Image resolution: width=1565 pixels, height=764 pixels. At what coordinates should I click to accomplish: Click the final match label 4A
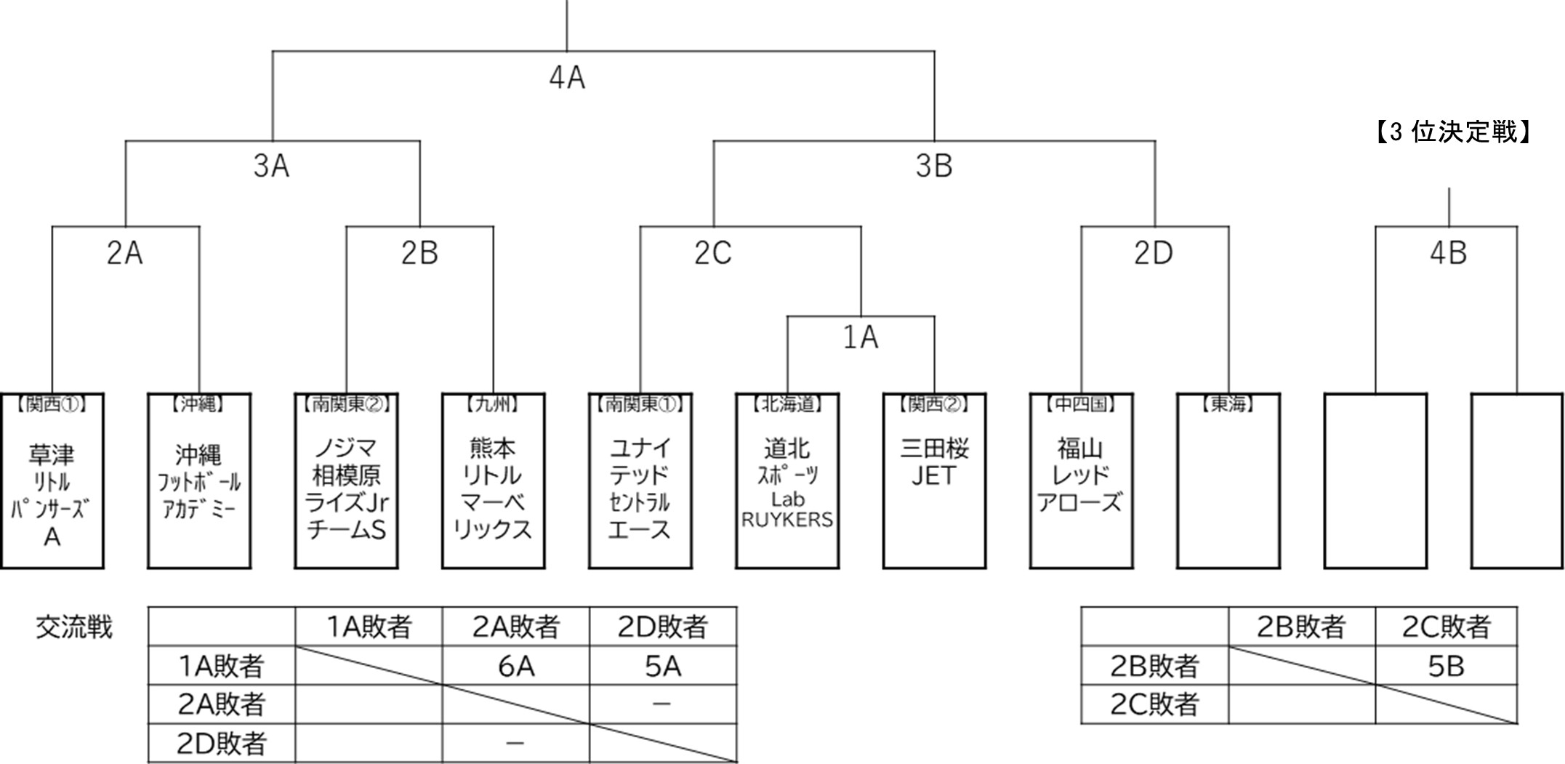(x=567, y=78)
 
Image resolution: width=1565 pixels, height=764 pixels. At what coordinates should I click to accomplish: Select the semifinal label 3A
(x=271, y=166)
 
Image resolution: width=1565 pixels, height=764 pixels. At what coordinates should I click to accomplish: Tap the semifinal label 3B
(x=933, y=166)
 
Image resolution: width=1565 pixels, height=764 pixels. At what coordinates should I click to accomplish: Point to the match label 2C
(x=712, y=254)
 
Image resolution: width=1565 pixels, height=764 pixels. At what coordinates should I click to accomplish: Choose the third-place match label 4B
(x=1448, y=254)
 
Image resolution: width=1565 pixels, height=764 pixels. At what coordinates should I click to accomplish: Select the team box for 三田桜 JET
(x=934, y=480)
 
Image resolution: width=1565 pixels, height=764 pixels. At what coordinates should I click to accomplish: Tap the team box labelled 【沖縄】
(x=198, y=480)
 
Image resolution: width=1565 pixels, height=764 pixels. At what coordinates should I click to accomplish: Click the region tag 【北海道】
(x=787, y=404)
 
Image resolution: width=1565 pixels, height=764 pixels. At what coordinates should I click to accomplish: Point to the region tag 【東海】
(x=1228, y=404)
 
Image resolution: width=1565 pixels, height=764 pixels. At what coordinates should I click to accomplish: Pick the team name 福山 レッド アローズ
(x=1080, y=475)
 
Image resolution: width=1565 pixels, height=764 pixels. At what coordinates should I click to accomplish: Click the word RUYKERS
(x=787, y=520)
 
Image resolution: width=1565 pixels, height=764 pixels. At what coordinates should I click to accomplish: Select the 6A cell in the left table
(x=516, y=666)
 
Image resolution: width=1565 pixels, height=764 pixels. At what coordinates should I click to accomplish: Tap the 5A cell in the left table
(x=663, y=666)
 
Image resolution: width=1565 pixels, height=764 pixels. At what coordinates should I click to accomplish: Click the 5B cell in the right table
(x=1446, y=666)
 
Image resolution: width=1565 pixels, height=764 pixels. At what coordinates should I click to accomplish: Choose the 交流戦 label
(x=74, y=627)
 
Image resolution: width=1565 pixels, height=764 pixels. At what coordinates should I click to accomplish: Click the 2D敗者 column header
(x=663, y=627)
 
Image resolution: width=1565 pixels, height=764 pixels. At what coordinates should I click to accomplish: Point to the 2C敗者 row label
(x=1154, y=704)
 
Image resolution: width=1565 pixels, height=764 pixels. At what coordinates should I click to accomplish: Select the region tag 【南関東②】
(x=346, y=404)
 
